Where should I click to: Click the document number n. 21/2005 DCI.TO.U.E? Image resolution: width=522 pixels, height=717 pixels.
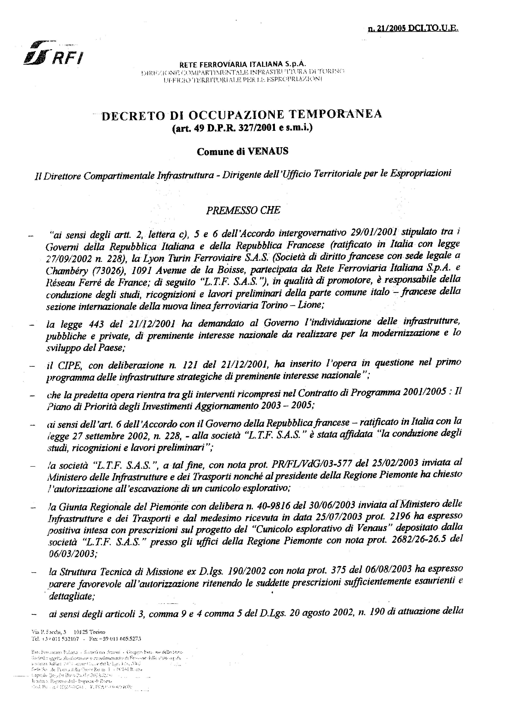[x=413, y=29]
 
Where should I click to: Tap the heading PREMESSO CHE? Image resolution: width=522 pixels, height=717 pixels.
[x=243, y=211]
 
